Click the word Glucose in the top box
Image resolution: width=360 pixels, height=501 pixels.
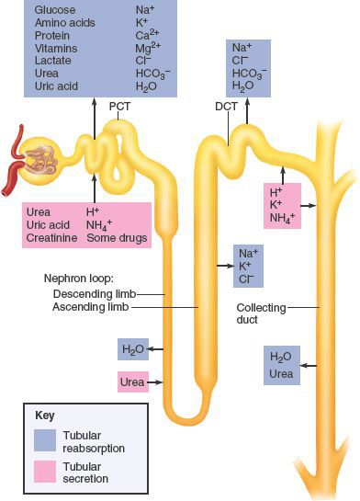click(55, 9)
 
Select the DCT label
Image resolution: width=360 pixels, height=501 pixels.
click(226, 106)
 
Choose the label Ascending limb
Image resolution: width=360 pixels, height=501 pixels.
click(92, 307)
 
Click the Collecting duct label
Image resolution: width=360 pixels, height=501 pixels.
click(261, 314)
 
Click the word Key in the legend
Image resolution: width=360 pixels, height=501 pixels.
click(44, 415)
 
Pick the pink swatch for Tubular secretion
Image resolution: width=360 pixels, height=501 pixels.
click(43, 471)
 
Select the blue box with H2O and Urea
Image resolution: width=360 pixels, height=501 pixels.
click(281, 365)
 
